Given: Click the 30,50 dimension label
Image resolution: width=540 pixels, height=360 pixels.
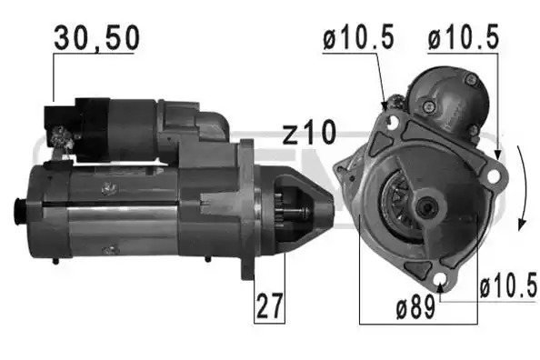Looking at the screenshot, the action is [x=96, y=38].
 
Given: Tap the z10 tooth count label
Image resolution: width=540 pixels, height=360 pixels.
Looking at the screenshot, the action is [x=309, y=133].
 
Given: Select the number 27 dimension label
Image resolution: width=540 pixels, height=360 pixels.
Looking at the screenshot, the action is [x=269, y=306].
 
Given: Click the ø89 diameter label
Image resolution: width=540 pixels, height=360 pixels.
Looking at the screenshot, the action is [x=415, y=307].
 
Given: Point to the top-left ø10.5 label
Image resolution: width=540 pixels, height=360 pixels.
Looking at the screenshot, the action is [x=358, y=37].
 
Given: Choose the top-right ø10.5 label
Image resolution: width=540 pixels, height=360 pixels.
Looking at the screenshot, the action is [x=464, y=37].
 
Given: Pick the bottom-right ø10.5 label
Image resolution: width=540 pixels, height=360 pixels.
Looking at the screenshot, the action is [x=508, y=285].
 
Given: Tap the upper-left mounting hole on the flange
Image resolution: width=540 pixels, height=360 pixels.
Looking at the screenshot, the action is [x=392, y=121].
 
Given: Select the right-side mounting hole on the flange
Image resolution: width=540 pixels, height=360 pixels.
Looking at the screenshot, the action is [x=494, y=175].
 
